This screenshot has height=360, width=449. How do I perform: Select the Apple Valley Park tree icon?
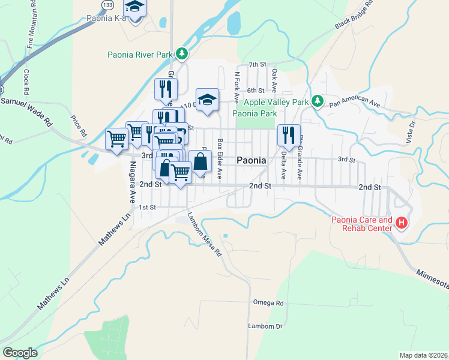pos(318,101)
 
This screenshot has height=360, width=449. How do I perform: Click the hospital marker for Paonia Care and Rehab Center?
pos(401,224)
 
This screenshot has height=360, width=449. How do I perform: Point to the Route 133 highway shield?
pos(107,5)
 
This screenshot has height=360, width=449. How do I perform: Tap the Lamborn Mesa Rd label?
pos(204,235)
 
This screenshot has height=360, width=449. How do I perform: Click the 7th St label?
pos(257,64)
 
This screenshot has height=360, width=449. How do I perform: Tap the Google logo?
pos(20,353)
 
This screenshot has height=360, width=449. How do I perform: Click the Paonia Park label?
pos(255,113)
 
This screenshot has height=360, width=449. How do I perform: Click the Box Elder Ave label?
pos(220,160)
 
